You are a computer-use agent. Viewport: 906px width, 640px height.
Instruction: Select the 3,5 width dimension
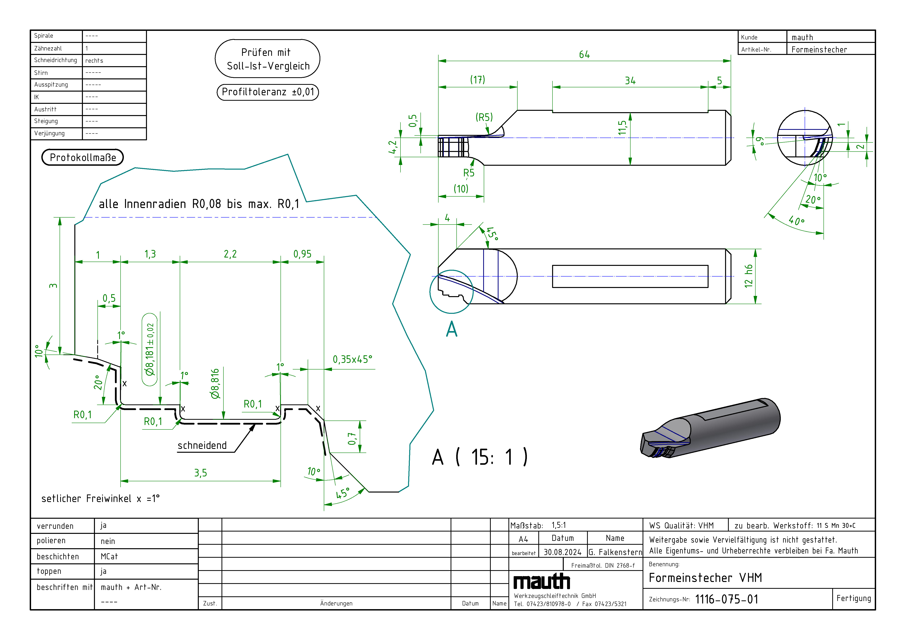[x=201, y=473]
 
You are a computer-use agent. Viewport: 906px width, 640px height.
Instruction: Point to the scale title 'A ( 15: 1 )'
[x=479, y=457]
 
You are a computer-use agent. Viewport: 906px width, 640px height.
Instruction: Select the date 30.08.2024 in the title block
[x=562, y=552]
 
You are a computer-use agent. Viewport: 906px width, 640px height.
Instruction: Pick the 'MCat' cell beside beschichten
[x=109, y=556]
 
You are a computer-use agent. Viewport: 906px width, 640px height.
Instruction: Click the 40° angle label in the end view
[x=796, y=220]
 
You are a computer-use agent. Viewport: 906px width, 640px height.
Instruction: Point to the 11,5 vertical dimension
[x=622, y=128]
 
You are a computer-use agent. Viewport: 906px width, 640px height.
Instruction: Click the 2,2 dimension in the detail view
[x=230, y=254]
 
